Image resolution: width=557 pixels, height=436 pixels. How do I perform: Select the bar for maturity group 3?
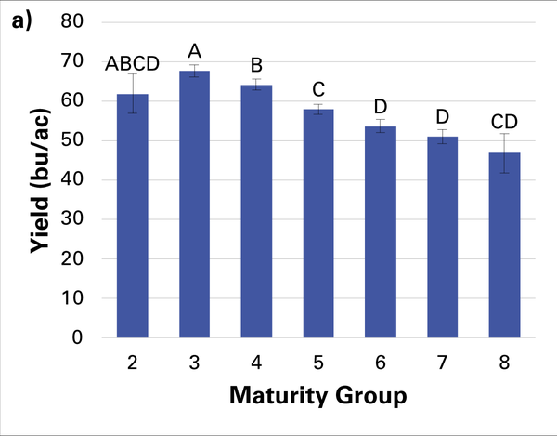point(195,205)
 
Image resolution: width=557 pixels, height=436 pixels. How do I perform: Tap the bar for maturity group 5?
point(319,223)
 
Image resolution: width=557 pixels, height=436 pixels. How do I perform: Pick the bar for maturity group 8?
point(504,245)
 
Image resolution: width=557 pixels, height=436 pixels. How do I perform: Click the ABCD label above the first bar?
point(132,63)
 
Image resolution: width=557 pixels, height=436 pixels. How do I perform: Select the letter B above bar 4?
point(257,66)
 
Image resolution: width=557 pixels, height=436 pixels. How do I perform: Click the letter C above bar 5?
point(319,90)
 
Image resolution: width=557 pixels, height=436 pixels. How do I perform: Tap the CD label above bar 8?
point(504,121)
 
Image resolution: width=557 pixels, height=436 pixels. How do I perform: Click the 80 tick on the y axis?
point(71,21)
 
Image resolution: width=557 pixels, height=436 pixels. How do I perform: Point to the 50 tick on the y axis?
point(71,140)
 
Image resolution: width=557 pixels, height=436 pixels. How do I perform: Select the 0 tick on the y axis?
point(76,338)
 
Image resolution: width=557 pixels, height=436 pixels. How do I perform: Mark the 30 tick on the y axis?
point(71,219)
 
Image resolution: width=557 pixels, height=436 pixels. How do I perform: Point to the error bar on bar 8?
point(504,153)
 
